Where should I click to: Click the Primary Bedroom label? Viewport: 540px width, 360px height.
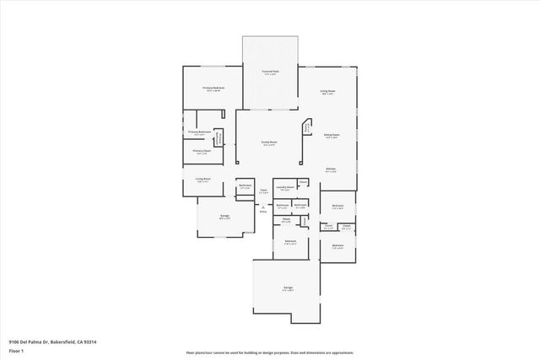(213, 89)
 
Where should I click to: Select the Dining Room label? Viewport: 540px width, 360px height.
(332, 135)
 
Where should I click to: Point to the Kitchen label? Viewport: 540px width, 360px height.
(332, 169)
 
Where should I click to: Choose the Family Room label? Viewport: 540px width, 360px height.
(270, 142)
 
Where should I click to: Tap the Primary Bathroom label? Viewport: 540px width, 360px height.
(199, 132)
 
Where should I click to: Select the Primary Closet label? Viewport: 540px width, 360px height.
(201, 153)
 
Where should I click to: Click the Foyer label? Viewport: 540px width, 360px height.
(263, 191)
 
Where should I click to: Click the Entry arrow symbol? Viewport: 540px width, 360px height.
(263, 210)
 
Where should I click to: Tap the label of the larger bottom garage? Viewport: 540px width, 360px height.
(288, 288)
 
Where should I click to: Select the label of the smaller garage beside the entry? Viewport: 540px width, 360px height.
(225, 217)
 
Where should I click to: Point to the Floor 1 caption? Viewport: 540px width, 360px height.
(16, 352)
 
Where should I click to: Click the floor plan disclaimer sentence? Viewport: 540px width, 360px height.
(269, 352)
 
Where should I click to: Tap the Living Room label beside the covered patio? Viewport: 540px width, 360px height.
(328, 91)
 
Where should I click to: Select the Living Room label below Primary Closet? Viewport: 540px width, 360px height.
(202, 180)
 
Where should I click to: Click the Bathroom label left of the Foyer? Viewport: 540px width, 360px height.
(246, 186)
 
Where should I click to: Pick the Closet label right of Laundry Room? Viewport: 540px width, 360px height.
(302, 181)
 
